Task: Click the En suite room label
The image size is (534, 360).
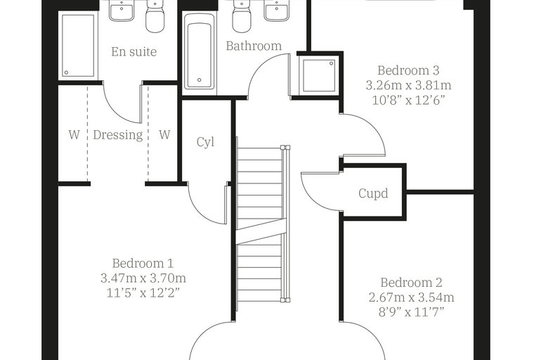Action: pyautogui.click(x=133, y=52)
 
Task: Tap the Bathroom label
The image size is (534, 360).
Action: pyautogui.click(x=254, y=46)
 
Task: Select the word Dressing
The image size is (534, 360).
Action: pyautogui.click(x=118, y=135)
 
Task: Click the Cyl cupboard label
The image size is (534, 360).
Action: pyautogui.click(x=205, y=142)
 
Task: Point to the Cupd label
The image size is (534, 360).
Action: pyautogui.click(x=373, y=193)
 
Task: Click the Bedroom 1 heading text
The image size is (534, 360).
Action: pyautogui.click(x=143, y=263)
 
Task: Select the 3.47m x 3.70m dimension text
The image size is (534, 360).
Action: pyautogui.click(x=143, y=278)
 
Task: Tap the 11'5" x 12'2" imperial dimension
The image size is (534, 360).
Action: pyautogui.click(x=143, y=292)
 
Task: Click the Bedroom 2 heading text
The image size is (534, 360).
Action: pyautogui.click(x=411, y=283)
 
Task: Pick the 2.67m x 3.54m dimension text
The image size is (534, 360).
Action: pyautogui.click(x=412, y=297)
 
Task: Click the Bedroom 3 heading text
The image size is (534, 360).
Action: pyautogui.click(x=408, y=70)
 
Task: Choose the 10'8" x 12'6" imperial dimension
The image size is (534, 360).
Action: pyautogui.click(x=408, y=101)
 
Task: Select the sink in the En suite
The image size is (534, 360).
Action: pyautogui.click(x=122, y=11)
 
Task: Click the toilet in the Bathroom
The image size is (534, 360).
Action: pyautogui.click(x=242, y=18)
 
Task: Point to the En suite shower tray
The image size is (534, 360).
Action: pyautogui.click(x=78, y=45)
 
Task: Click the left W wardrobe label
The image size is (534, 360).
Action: pyautogui.click(x=74, y=135)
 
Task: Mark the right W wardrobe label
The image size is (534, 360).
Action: pyautogui.click(x=164, y=135)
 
